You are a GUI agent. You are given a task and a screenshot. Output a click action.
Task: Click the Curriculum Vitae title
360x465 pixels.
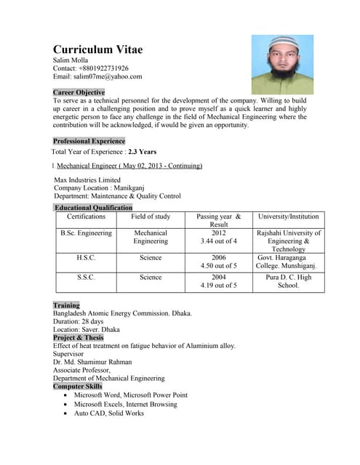(x=97, y=49)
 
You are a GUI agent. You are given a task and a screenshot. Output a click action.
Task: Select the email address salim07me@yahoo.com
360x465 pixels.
(x=97, y=76)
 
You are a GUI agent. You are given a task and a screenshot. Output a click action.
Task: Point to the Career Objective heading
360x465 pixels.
(x=79, y=93)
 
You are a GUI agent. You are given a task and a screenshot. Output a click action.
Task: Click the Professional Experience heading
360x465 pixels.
(x=89, y=141)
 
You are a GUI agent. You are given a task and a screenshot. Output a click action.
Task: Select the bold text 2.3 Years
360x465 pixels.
(x=143, y=152)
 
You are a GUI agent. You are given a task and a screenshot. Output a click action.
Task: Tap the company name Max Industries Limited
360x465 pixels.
(x=87, y=179)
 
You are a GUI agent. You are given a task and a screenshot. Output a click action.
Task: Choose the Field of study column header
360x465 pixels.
(x=151, y=217)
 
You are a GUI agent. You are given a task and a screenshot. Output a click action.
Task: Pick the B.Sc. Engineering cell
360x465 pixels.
(x=86, y=233)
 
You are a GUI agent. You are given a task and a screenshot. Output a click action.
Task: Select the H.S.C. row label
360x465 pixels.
(x=86, y=257)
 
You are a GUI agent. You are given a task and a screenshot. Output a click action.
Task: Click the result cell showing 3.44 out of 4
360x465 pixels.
(x=218, y=241)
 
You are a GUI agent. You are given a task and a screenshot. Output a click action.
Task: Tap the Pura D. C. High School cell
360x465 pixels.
(x=288, y=281)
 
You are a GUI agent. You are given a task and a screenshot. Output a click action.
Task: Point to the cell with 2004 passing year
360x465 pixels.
(x=218, y=277)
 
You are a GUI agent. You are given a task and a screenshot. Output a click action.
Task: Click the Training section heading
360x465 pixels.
(x=66, y=306)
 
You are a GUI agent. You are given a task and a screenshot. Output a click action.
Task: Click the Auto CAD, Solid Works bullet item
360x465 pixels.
(x=109, y=413)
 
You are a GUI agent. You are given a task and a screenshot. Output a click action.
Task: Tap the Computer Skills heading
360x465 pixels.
(x=77, y=387)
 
